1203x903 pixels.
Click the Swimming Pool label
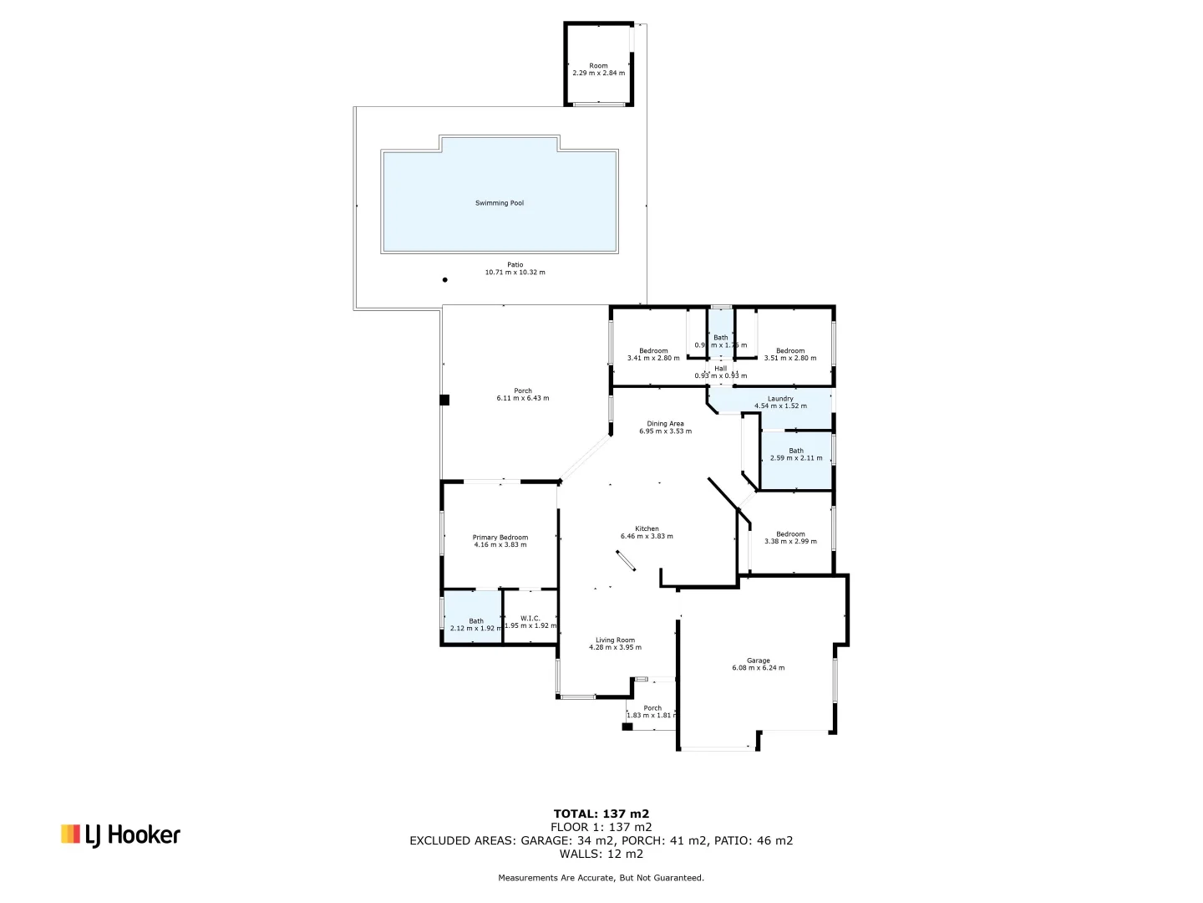pyautogui.click(x=500, y=203)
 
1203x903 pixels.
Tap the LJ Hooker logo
pyautogui.click(x=120, y=834)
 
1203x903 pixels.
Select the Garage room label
pyautogui.click(x=759, y=661)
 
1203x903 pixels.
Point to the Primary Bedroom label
pyautogui.click(x=500, y=538)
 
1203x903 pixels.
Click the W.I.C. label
pyautogui.click(x=530, y=619)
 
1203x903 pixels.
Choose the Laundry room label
pyautogui.click(x=780, y=399)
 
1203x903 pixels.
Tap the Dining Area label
pyautogui.click(x=665, y=424)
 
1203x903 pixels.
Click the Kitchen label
pyautogui.click(x=647, y=529)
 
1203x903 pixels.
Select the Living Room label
pyautogui.click(x=615, y=640)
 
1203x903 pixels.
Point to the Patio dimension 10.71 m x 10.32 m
pyautogui.click(x=515, y=273)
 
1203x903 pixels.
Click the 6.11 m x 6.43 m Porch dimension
pyautogui.click(x=523, y=399)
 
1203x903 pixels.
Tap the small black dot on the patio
pyautogui.click(x=445, y=280)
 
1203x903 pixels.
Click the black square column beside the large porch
pyautogui.click(x=444, y=400)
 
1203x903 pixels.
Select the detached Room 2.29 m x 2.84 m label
pyautogui.click(x=598, y=69)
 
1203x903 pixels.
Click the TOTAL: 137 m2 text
pyautogui.click(x=601, y=814)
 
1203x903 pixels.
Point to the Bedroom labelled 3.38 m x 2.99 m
pyautogui.click(x=790, y=538)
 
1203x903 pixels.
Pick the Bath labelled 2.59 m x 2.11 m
pyautogui.click(x=796, y=454)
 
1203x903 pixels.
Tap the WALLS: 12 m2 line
pyautogui.click(x=601, y=854)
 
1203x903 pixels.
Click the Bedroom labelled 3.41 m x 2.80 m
pyautogui.click(x=653, y=355)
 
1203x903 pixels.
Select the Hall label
pyautogui.click(x=720, y=369)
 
